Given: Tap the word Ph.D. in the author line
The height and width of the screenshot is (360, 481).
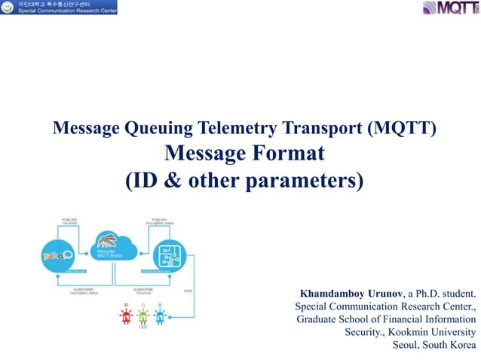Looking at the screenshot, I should pos(435,292).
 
